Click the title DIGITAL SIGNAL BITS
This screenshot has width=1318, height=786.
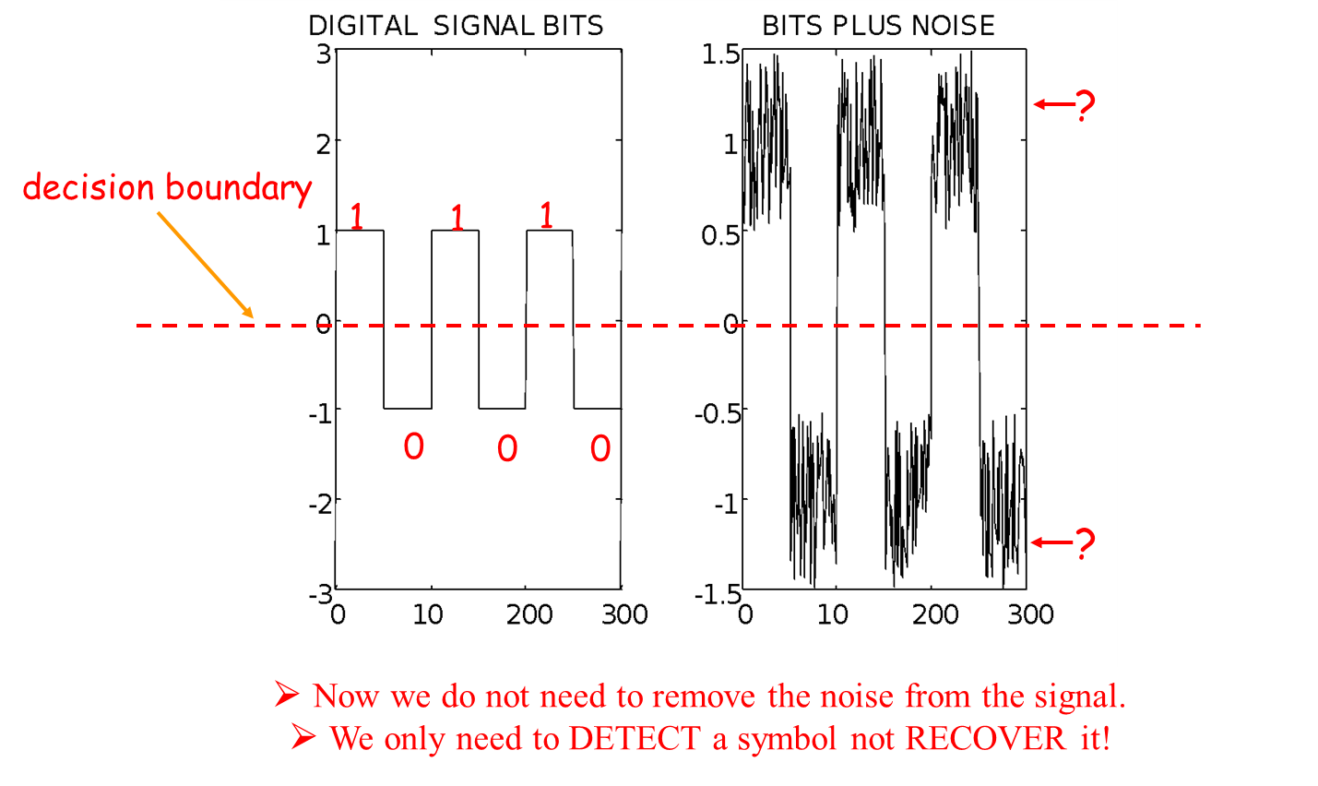point(456,26)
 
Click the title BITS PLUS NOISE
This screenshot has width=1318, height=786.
point(878,26)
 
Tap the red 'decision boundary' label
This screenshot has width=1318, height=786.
point(167,188)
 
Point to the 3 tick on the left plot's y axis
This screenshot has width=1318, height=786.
point(323,54)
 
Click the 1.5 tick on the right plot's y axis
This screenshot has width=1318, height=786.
point(720,54)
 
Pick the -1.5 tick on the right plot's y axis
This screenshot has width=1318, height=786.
point(717,593)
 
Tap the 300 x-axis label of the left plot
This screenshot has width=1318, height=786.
point(624,614)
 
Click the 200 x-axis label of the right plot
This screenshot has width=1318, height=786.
point(935,614)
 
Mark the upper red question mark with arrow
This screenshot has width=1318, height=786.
point(1065,104)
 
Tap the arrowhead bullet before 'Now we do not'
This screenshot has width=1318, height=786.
point(287,694)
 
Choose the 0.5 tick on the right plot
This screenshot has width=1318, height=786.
point(720,235)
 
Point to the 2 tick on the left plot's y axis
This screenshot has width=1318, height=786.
point(323,144)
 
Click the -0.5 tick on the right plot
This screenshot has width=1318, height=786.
point(717,412)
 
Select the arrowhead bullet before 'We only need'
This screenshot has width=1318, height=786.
point(303,737)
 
